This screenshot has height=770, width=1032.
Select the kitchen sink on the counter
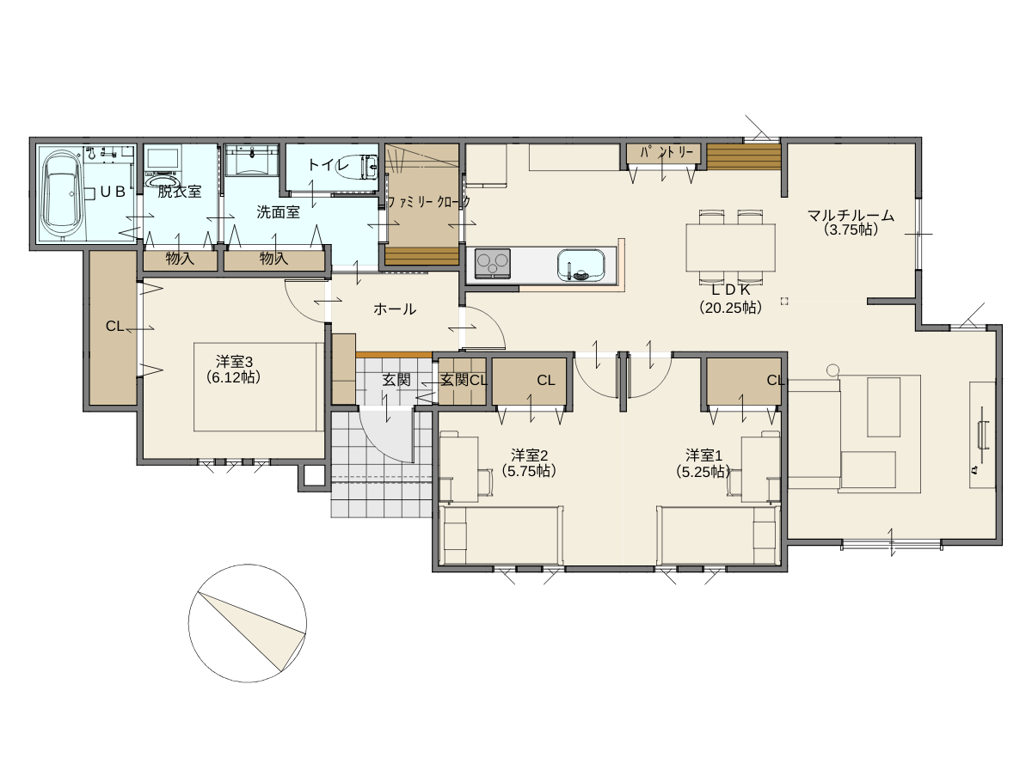click(x=580, y=265)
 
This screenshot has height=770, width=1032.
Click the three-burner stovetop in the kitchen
click(x=492, y=263)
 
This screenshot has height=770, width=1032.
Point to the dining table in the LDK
click(x=730, y=247)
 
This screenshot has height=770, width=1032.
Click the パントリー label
click(x=666, y=152)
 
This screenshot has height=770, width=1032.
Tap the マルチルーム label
click(x=851, y=216)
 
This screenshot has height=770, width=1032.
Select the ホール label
click(x=395, y=309)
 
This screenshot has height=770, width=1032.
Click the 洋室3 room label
click(x=234, y=362)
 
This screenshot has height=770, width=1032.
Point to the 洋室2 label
click(x=530, y=455)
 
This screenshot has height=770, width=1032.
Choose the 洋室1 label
click(x=703, y=455)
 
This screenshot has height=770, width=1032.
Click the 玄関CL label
click(x=464, y=380)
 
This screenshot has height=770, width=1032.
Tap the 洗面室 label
click(x=279, y=212)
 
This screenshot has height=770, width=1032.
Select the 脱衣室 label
click(x=179, y=192)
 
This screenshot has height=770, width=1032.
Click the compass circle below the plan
click(x=248, y=623)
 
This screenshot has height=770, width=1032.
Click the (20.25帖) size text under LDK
click(x=730, y=308)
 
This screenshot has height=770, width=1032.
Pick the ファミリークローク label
click(x=429, y=202)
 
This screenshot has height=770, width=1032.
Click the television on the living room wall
click(x=983, y=435)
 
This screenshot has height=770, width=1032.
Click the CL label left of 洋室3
click(x=114, y=326)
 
